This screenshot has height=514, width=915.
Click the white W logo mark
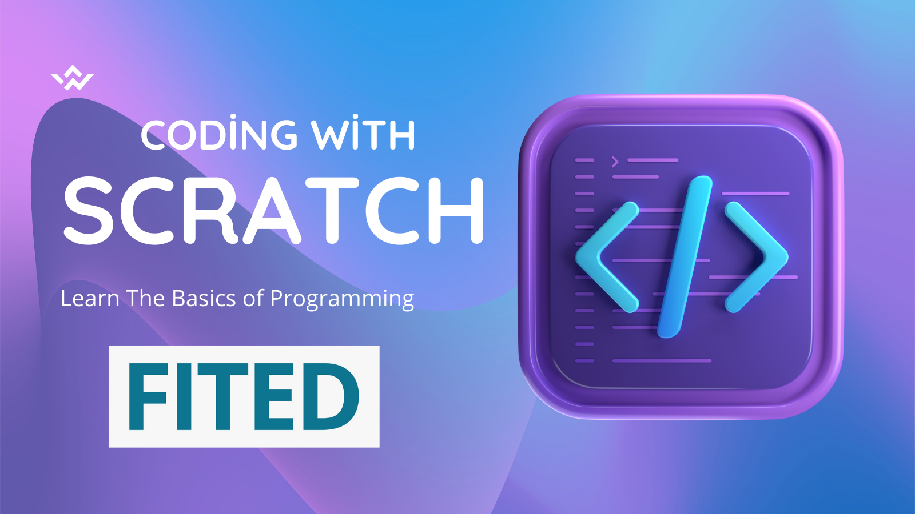pyautogui.click(x=72, y=78)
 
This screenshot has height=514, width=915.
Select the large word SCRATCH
pyautogui.click(x=274, y=210)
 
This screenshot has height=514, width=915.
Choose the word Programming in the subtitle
pyautogui.click(x=342, y=299)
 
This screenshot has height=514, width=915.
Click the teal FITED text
pyautogui.click(x=244, y=396)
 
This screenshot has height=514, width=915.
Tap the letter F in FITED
pyautogui.click(x=148, y=396)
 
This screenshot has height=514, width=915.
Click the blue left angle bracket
pyautogui.click(x=607, y=257)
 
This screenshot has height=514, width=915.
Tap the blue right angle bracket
pyautogui.click(x=757, y=257)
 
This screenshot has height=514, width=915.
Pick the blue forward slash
pyautogui.click(x=685, y=257)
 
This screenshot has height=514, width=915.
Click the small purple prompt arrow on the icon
pyautogui.click(x=615, y=162)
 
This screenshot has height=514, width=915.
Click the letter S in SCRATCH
pyautogui.click(x=88, y=211)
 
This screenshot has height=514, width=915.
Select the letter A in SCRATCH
pyautogui.click(x=272, y=211)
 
